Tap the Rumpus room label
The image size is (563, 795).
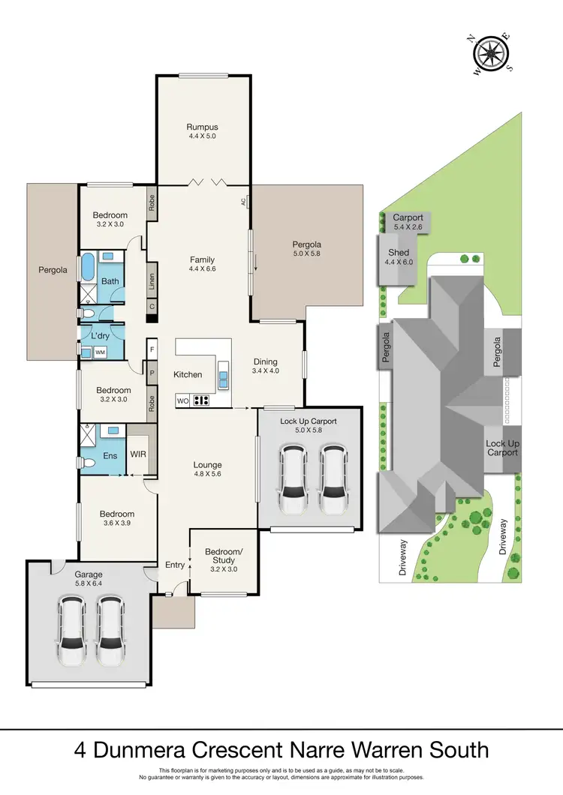(x=203, y=127)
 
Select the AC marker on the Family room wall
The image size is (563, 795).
(x=244, y=202)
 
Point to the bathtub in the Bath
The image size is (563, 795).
(x=89, y=266)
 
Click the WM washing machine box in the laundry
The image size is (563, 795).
(x=99, y=352)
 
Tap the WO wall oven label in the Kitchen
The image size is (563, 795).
(x=182, y=400)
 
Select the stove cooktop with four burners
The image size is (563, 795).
(x=201, y=400)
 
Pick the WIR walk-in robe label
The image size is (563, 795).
(x=138, y=454)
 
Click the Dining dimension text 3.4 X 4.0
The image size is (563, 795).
(x=265, y=370)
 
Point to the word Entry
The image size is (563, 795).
(x=175, y=565)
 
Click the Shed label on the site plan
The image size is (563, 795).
(x=399, y=253)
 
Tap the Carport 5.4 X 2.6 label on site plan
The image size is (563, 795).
(x=408, y=222)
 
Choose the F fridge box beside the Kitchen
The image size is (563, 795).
(x=152, y=349)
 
